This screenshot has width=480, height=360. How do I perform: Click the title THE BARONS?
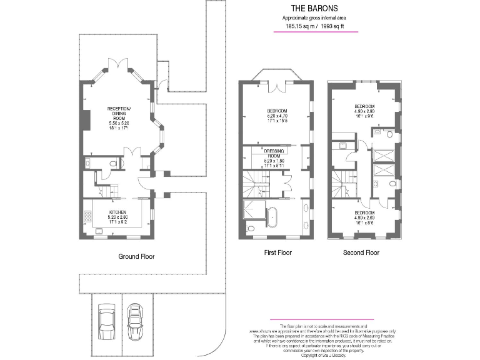click(315, 9)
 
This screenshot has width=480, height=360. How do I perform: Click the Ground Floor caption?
click(136, 256)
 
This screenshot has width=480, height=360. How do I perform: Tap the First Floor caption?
click(278, 253)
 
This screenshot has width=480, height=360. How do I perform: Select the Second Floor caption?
click(361, 253)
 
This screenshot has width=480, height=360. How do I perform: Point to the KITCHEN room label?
click(118, 212)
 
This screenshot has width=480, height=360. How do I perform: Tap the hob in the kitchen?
click(87, 218)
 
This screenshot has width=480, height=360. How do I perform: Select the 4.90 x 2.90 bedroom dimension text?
click(363, 112)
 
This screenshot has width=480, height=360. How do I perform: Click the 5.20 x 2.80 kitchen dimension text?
click(118, 217)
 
